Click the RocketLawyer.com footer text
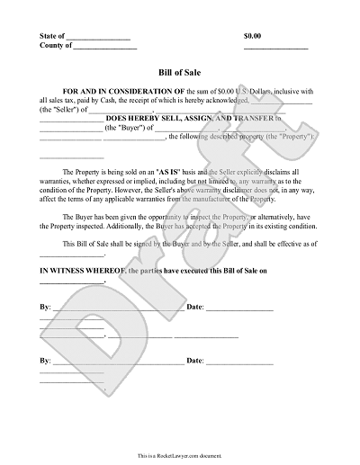coord(180,457)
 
